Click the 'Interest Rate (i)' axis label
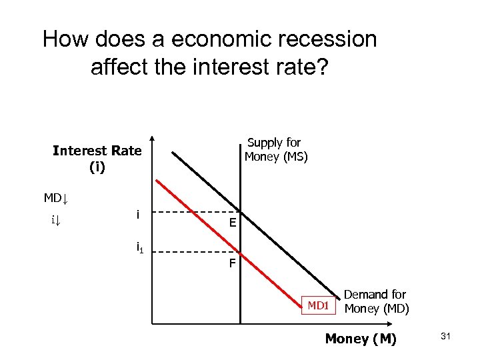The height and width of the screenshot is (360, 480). [97, 159]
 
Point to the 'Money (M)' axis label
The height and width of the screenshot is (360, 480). [360, 339]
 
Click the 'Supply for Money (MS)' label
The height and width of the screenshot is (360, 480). [275, 150]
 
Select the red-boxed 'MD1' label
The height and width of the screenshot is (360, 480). [318, 305]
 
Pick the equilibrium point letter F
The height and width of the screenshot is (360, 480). [231, 263]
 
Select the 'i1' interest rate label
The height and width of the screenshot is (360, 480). [140, 249]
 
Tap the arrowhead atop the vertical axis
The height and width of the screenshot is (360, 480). [152, 141]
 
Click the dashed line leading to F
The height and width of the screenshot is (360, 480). [193, 253]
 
